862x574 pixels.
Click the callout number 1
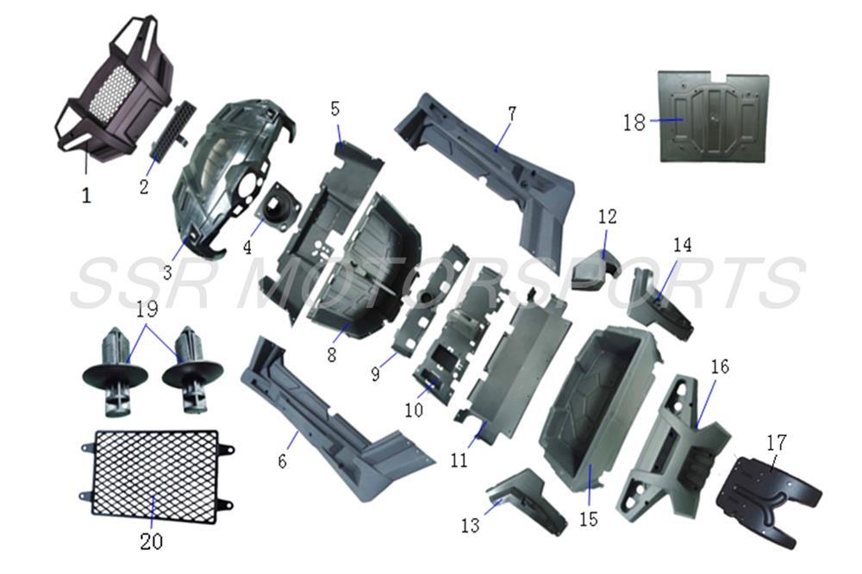click(86, 196)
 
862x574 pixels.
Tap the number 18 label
click(634, 122)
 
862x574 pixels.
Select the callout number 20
click(151, 541)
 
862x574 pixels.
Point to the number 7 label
click(512, 113)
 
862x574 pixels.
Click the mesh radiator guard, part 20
click(155, 477)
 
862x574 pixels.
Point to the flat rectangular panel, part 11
click(517, 362)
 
